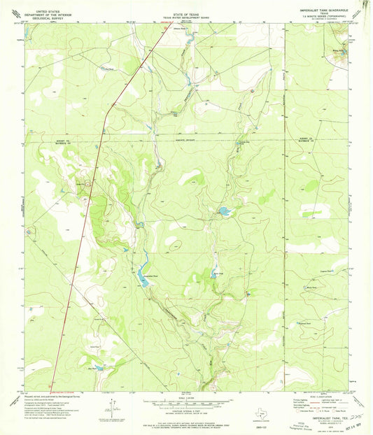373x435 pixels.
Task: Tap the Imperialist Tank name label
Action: (x=143, y=278)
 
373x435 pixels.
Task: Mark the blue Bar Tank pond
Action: (x=97, y=366)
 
